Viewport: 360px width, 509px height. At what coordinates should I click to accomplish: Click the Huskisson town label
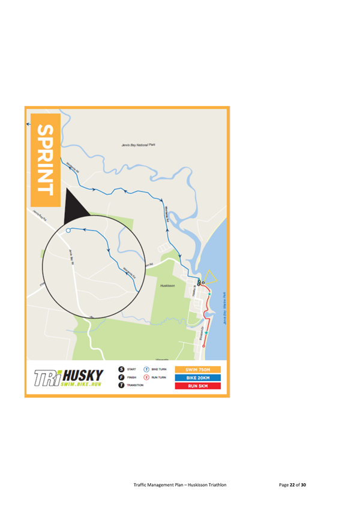pyautogui.click(x=168, y=286)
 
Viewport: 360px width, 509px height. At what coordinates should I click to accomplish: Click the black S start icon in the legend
pyautogui.click(x=122, y=369)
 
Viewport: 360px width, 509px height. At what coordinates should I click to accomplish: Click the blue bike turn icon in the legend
pyautogui.click(x=146, y=369)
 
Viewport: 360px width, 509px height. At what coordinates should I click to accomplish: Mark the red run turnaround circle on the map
pyautogui.click(x=203, y=346)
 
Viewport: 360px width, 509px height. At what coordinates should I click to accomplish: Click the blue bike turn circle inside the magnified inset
pyautogui.click(x=68, y=229)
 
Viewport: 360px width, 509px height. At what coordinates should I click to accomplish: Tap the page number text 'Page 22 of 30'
pyautogui.click(x=292, y=484)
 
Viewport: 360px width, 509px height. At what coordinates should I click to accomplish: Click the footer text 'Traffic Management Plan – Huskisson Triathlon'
pyautogui.click(x=180, y=484)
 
